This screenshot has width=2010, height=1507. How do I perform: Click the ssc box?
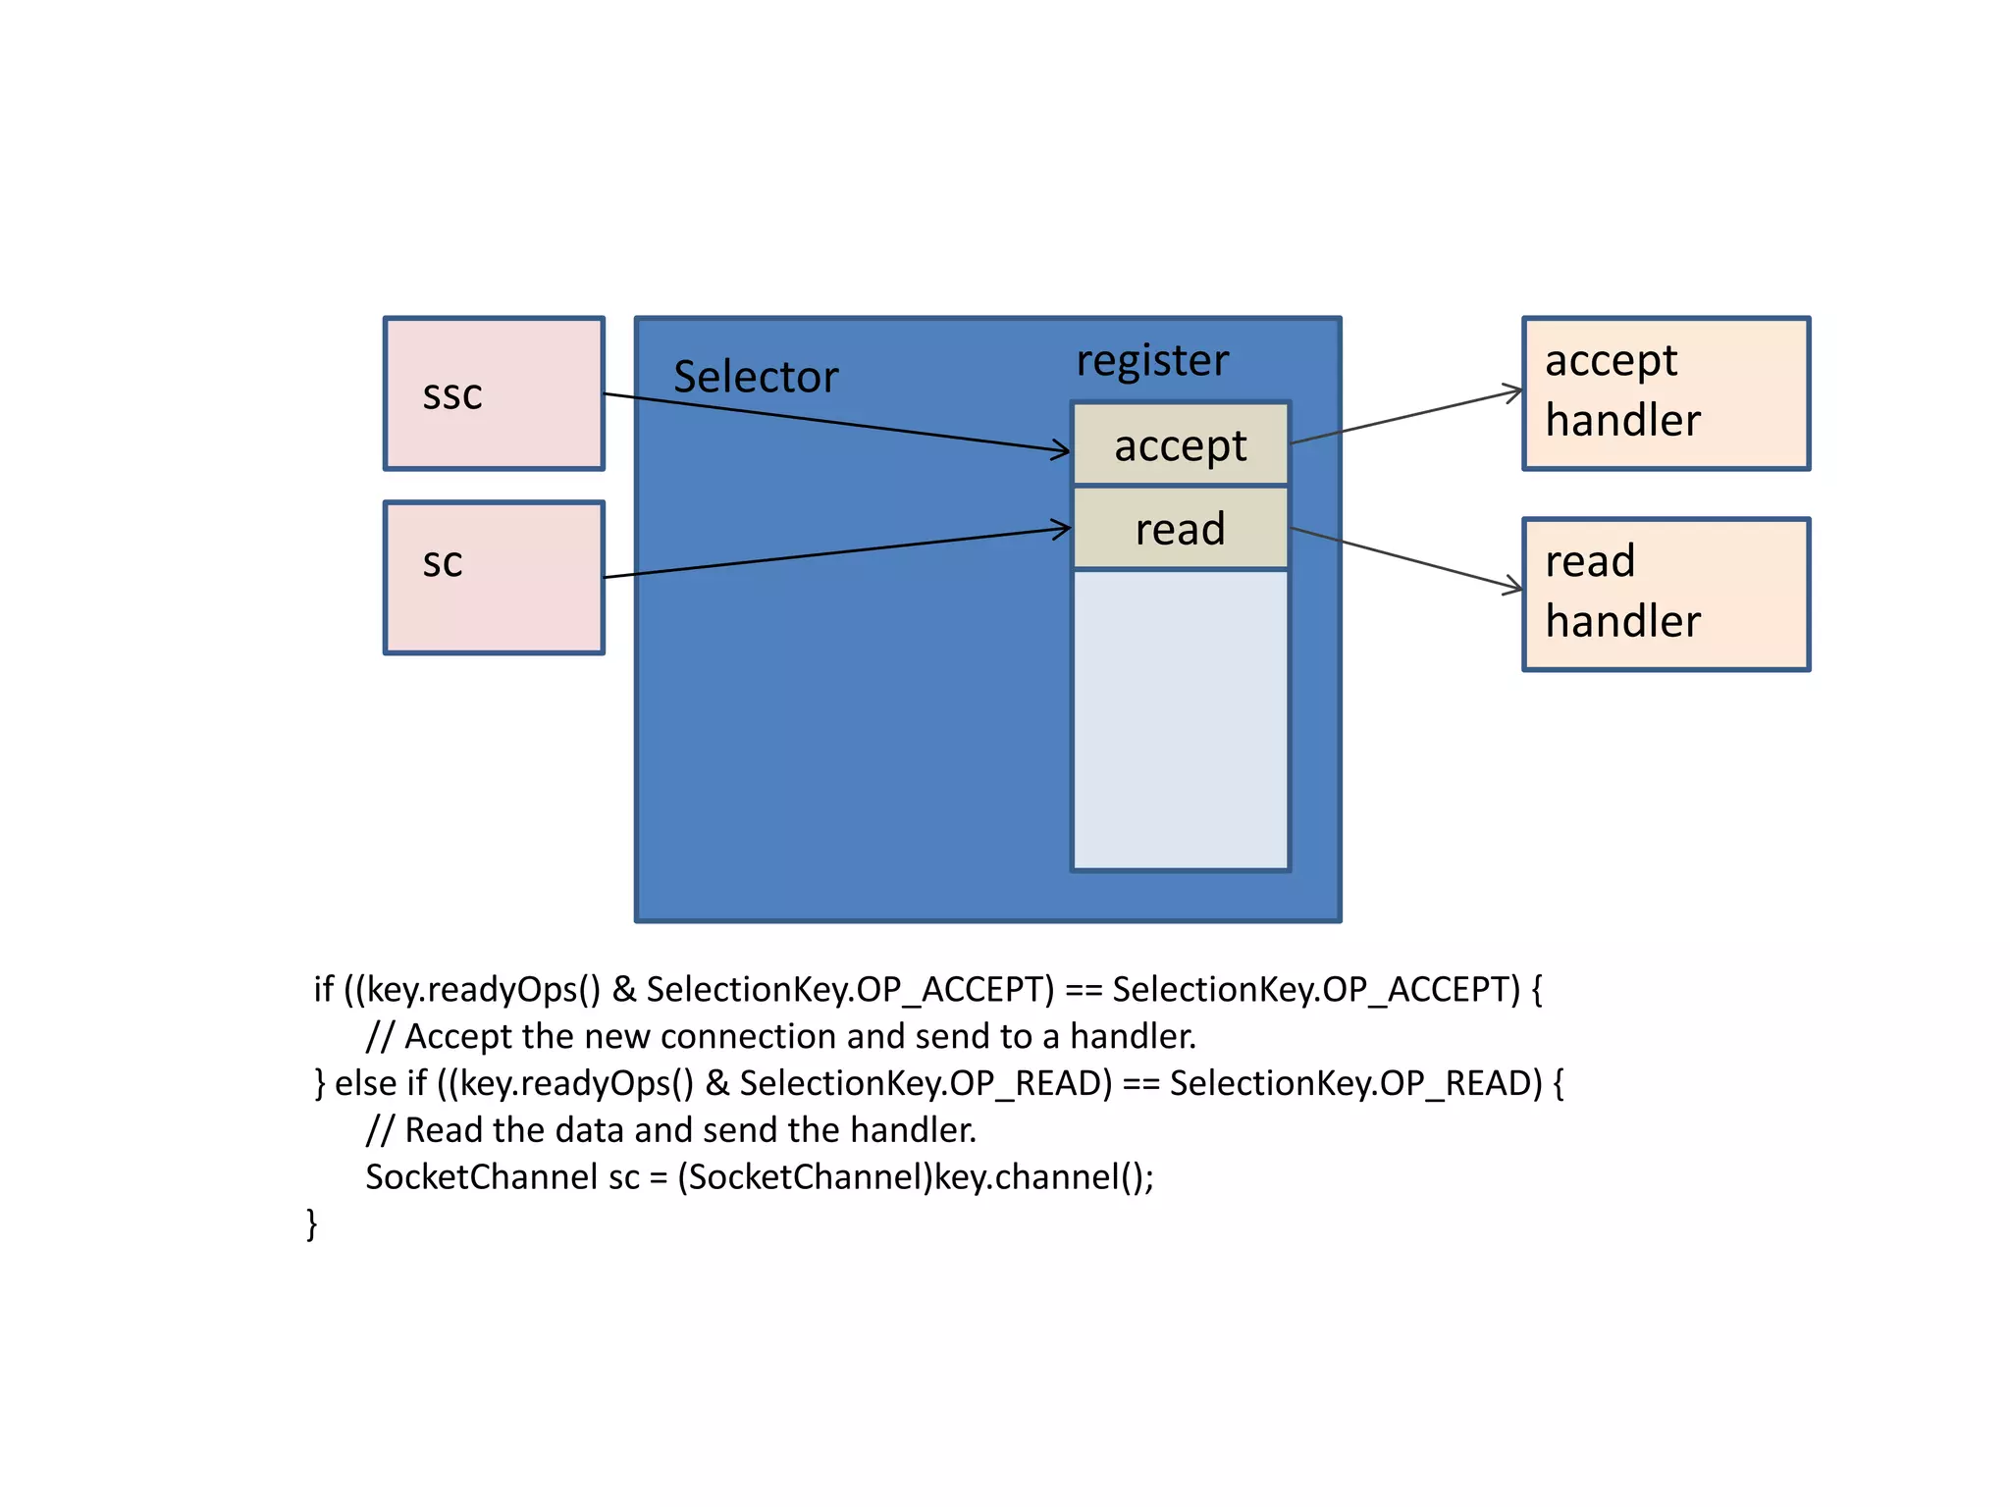pyautogui.click(x=494, y=393)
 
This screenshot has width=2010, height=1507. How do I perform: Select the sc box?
pyautogui.click(x=494, y=578)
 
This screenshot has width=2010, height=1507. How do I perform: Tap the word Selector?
pyautogui.click(x=756, y=378)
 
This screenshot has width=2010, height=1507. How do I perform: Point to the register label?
pyautogui.click(x=1152, y=360)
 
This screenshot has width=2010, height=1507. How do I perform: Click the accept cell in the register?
pyautogui.click(x=1181, y=444)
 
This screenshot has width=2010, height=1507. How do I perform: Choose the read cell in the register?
pyautogui.click(x=1181, y=529)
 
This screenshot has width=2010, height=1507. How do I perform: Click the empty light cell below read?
pyautogui.click(x=1181, y=719)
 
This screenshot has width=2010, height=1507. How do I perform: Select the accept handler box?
pyautogui.click(x=1666, y=393)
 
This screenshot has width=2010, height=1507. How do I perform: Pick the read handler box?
pyautogui.click(x=1666, y=595)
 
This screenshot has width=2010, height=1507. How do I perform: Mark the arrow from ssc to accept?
pyautogui.click(x=834, y=422)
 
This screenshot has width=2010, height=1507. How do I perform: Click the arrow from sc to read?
pyautogui.click(x=834, y=553)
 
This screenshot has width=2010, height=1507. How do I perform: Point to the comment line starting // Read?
pyautogui.click(x=670, y=1130)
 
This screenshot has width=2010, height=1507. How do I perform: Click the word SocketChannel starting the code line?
pyautogui.click(x=481, y=1177)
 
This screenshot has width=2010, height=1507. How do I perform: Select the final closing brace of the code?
pyautogui.click(x=312, y=1223)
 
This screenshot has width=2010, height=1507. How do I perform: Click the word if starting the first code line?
pyautogui.click(x=324, y=990)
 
